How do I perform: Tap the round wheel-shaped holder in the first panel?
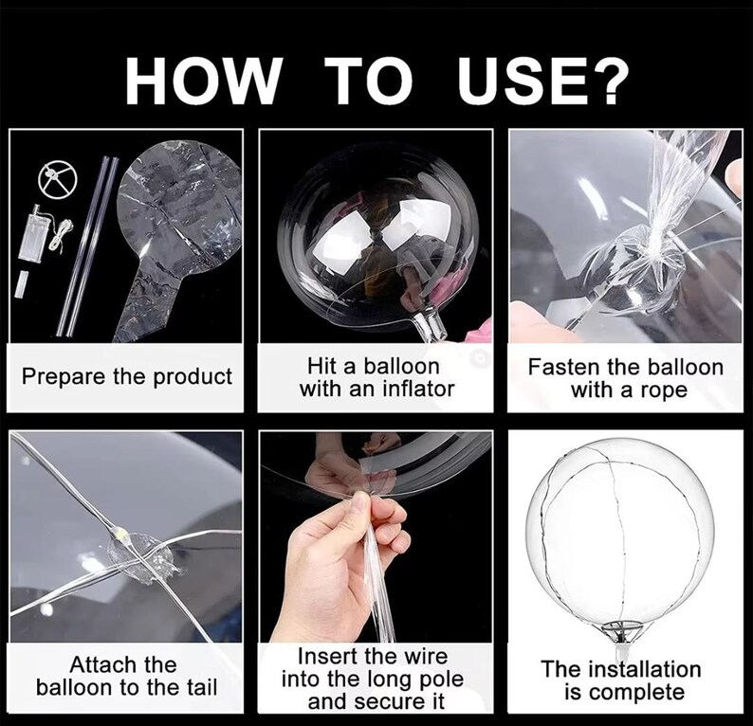(56, 177)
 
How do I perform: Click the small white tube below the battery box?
(21, 284)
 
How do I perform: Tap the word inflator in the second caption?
(419, 389)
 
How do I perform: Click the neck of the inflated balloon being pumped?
(428, 326)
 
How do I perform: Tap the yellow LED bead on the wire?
(120, 533)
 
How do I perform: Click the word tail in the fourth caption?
(199, 687)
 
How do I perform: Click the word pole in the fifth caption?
(442, 679)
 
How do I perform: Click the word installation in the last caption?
(644, 669)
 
